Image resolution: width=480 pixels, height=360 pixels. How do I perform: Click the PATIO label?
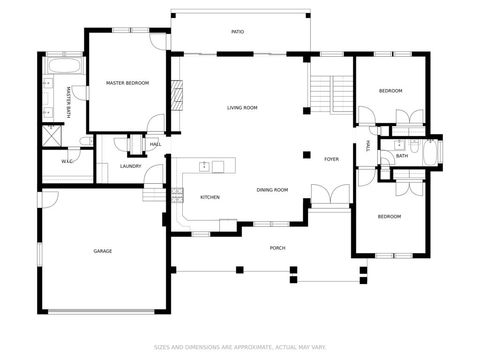click(238, 32)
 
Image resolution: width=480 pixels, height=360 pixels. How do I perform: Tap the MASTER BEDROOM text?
click(127, 83)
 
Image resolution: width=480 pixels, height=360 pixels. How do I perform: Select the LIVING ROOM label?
click(242, 107)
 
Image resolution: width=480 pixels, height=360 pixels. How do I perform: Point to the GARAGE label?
click(102, 251)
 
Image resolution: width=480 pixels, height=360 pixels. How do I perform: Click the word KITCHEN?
click(210, 198)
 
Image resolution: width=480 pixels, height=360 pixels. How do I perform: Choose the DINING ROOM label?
click(272, 190)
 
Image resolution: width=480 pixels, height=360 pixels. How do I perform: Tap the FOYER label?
click(331, 159)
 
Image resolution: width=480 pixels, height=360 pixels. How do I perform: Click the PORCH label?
click(277, 248)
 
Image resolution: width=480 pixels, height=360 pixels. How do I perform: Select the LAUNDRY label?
click(130, 166)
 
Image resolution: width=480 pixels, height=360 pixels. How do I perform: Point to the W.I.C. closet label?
click(67, 161)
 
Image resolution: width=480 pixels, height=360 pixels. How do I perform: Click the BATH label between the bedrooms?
click(401, 156)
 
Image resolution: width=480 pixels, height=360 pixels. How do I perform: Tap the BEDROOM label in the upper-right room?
click(390, 91)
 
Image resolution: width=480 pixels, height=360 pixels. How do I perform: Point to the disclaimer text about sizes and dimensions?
click(240, 348)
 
